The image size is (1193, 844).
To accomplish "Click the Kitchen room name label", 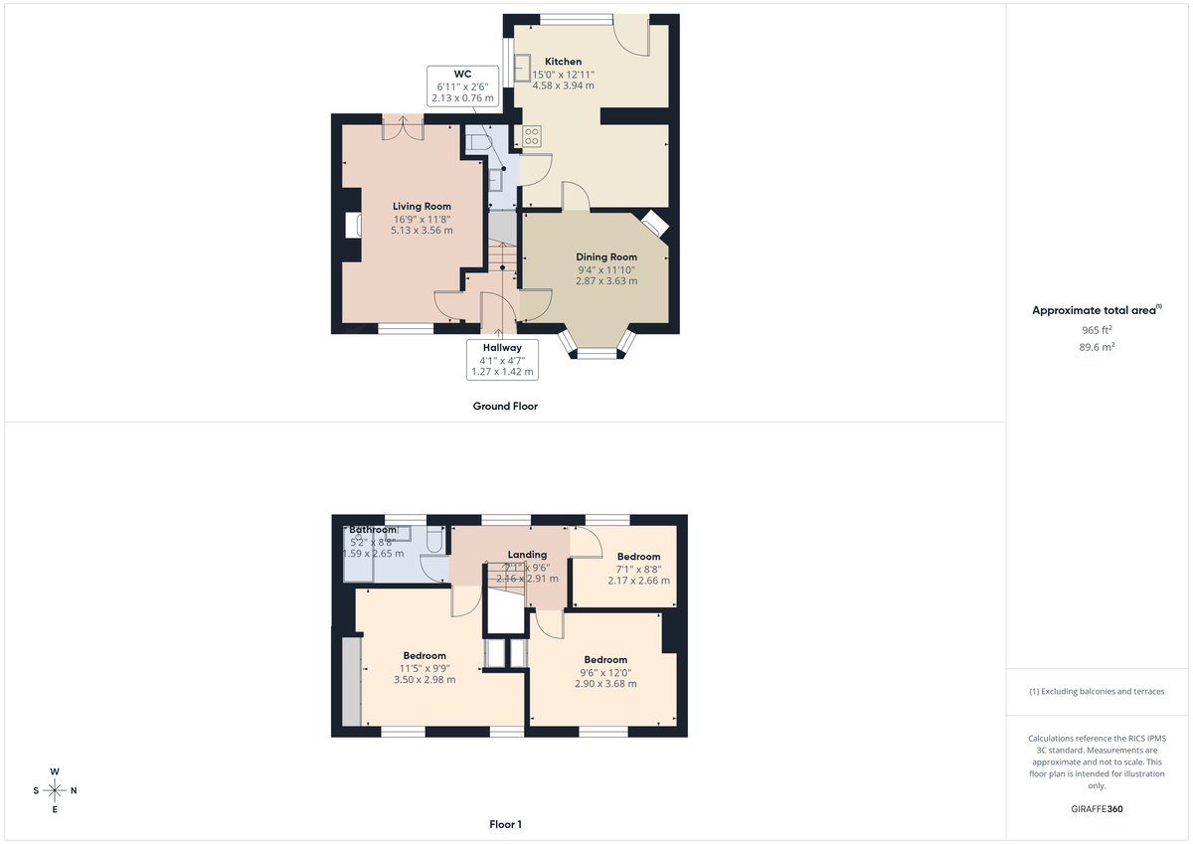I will (x=563, y=62).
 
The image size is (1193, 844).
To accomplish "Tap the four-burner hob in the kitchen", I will (x=532, y=136).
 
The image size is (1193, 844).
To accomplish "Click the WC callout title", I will (x=462, y=75).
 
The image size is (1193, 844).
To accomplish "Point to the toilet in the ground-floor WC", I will (x=478, y=142).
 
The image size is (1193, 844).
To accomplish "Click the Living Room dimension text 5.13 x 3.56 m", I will (x=422, y=230).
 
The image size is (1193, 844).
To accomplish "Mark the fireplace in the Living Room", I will (x=352, y=226).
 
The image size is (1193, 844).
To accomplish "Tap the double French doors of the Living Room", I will (x=404, y=127).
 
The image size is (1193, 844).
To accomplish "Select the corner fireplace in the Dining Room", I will (x=655, y=224).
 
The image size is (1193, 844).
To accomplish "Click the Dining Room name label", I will (x=606, y=256).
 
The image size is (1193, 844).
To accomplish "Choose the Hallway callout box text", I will (x=502, y=359).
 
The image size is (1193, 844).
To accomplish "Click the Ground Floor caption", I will (x=505, y=406).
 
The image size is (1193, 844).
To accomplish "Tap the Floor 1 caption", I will (x=505, y=824).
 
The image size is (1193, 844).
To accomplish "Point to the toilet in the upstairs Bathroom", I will (x=433, y=540).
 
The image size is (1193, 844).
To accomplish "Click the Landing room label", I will (x=527, y=555).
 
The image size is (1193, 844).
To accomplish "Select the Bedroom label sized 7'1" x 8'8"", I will (x=638, y=557).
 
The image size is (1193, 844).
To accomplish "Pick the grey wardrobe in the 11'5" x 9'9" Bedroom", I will (x=350, y=681).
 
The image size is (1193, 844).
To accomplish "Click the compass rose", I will (x=55, y=790).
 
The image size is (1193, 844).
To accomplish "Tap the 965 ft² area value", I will (x=1097, y=329).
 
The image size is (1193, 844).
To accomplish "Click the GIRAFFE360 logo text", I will (x=1097, y=809).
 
